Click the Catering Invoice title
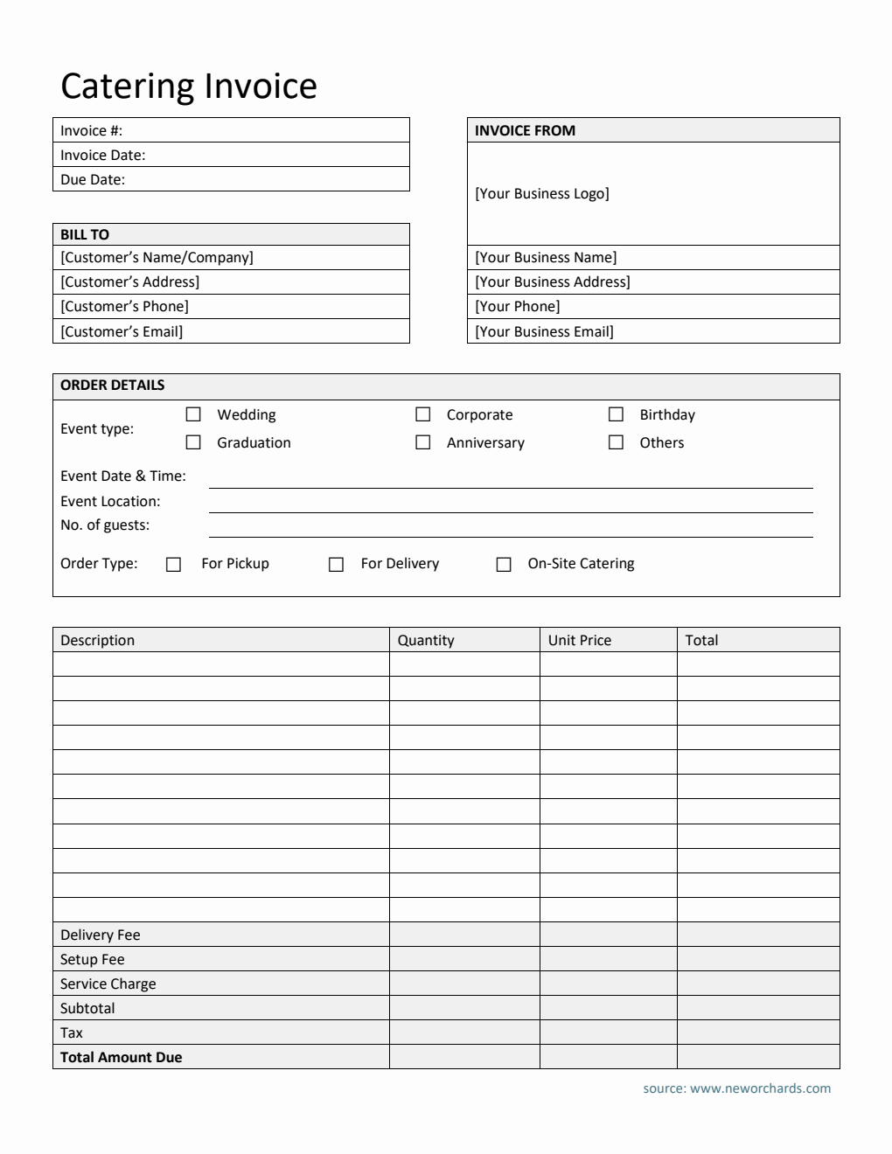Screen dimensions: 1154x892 click(188, 86)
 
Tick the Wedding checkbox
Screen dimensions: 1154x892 click(193, 414)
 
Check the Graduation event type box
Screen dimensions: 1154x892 click(193, 442)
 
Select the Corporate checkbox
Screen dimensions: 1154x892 click(423, 414)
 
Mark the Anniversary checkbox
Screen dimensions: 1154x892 click(423, 442)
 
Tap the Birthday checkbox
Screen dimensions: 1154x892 click(617, 414)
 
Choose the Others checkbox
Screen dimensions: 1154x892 click(617, 442)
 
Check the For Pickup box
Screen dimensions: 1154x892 click(173, 565)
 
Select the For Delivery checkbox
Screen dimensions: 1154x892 click(336, 565)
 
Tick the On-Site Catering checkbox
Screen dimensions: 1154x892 click(504, 565)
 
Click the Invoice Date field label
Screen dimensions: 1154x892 click(102, 155)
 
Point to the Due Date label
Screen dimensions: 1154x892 click(93, 179)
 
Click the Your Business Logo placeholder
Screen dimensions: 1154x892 click(541, 193)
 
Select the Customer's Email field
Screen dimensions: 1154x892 click(122, 331)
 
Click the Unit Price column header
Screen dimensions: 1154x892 click(579, 640)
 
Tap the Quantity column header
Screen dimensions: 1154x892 click(426, 640)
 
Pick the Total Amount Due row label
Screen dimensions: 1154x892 click(121, 1057)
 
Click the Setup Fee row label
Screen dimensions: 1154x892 click(92, 959)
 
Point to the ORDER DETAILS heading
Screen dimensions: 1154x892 click(112, 385)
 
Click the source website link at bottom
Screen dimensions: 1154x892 click(736, 1088)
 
